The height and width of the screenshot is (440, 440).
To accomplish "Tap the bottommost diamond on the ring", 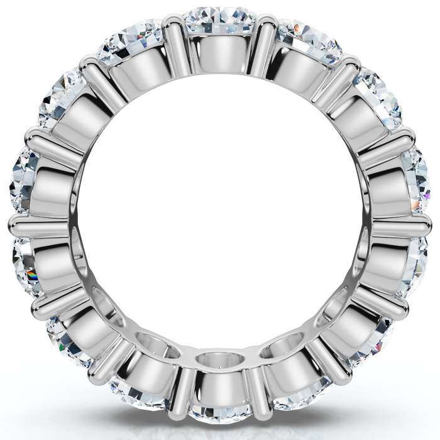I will [x=221, y=412].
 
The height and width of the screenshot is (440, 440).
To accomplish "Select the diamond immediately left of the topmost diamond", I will [x=132, y=41].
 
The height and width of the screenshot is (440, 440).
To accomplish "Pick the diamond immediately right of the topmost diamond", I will [x=308, y=41].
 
